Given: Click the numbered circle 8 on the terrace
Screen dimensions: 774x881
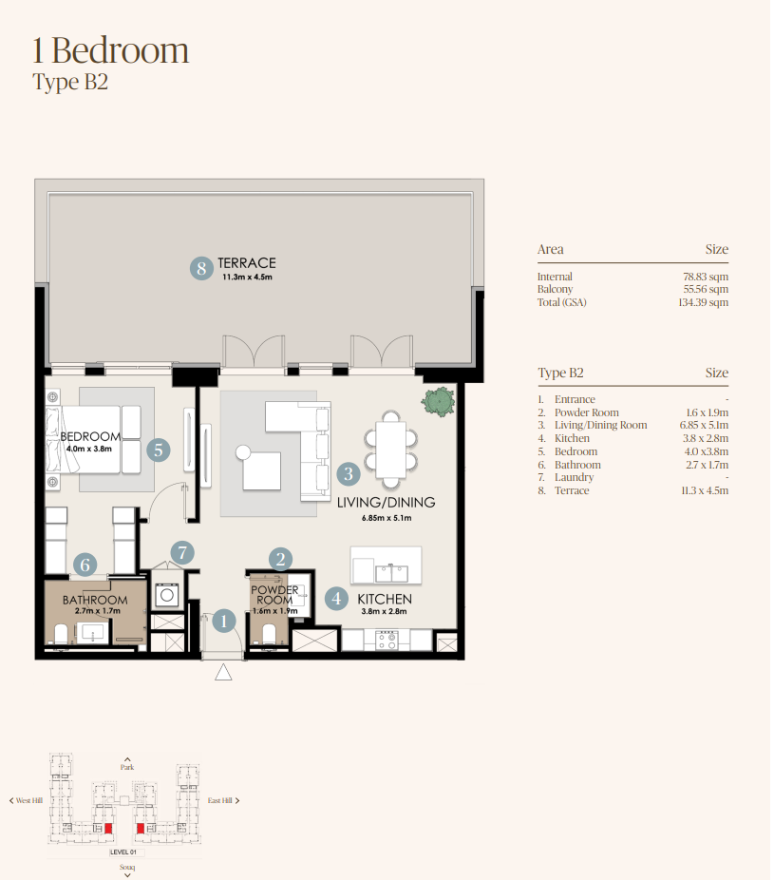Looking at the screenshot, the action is [201, 269].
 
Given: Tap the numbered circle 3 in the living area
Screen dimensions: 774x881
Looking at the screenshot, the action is [349, 473].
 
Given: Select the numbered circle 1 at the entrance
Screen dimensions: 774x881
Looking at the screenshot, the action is [224, 621].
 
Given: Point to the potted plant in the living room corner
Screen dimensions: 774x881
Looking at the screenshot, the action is [439, 401].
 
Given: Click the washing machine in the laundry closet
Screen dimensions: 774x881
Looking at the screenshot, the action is [167, 595].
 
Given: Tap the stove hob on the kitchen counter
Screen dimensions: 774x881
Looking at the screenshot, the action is [387, 641].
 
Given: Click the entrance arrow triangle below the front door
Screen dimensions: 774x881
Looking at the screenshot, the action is [223, 672].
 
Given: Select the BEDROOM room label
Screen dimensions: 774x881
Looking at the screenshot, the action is [90, 436].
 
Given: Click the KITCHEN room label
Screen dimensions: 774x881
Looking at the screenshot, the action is [385, 599].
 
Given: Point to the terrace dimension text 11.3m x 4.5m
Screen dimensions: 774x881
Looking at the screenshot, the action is [247, 277].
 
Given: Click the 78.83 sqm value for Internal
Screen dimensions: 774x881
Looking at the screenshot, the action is [706, 277].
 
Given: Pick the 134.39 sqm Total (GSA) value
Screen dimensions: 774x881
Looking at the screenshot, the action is [704, 302].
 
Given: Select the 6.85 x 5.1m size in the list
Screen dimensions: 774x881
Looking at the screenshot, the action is [704, 426].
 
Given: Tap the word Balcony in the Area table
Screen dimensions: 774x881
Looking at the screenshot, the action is [556, 289].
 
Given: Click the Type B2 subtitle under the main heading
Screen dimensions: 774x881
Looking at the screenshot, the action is [70, 82].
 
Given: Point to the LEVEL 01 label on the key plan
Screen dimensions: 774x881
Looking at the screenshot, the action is [123, 852].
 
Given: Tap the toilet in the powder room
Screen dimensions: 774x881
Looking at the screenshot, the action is [270, 634].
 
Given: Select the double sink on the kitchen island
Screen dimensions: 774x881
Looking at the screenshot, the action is [392, 573].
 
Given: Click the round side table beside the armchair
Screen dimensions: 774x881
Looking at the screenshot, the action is [243, 451].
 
